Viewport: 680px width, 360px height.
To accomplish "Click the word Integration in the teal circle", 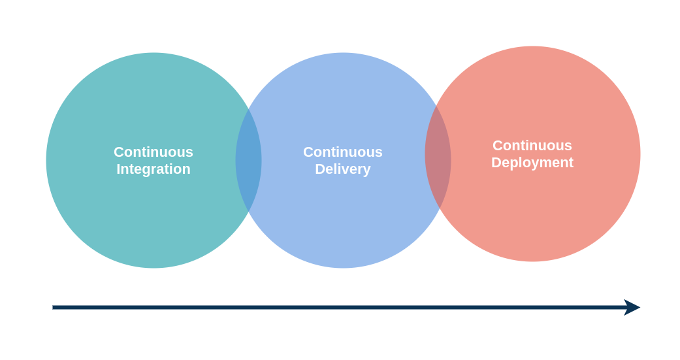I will click(x=154, y=169).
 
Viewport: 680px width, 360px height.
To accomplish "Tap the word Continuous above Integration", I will click(x=154, y=152).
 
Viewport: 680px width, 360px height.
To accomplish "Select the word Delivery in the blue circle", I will click(x=342, y=169).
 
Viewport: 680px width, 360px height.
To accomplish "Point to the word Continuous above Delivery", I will click(x=342, y=152).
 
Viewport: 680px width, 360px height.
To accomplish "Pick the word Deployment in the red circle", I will click(x=532, y=163).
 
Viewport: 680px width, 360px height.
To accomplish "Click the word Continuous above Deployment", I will click(x=532, y=146).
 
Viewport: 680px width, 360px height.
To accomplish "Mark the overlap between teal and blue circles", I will click(x=249, y=160).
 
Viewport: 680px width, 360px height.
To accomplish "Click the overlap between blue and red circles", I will click(x=438, y=157).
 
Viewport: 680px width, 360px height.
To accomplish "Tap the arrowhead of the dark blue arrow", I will click(x=632, y=307).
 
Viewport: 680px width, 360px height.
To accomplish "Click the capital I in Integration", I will click(x=118, y=169).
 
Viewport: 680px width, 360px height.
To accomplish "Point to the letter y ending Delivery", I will click(x=366, y=171).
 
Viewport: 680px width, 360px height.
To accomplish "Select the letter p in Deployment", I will click(x=518, y=164).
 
